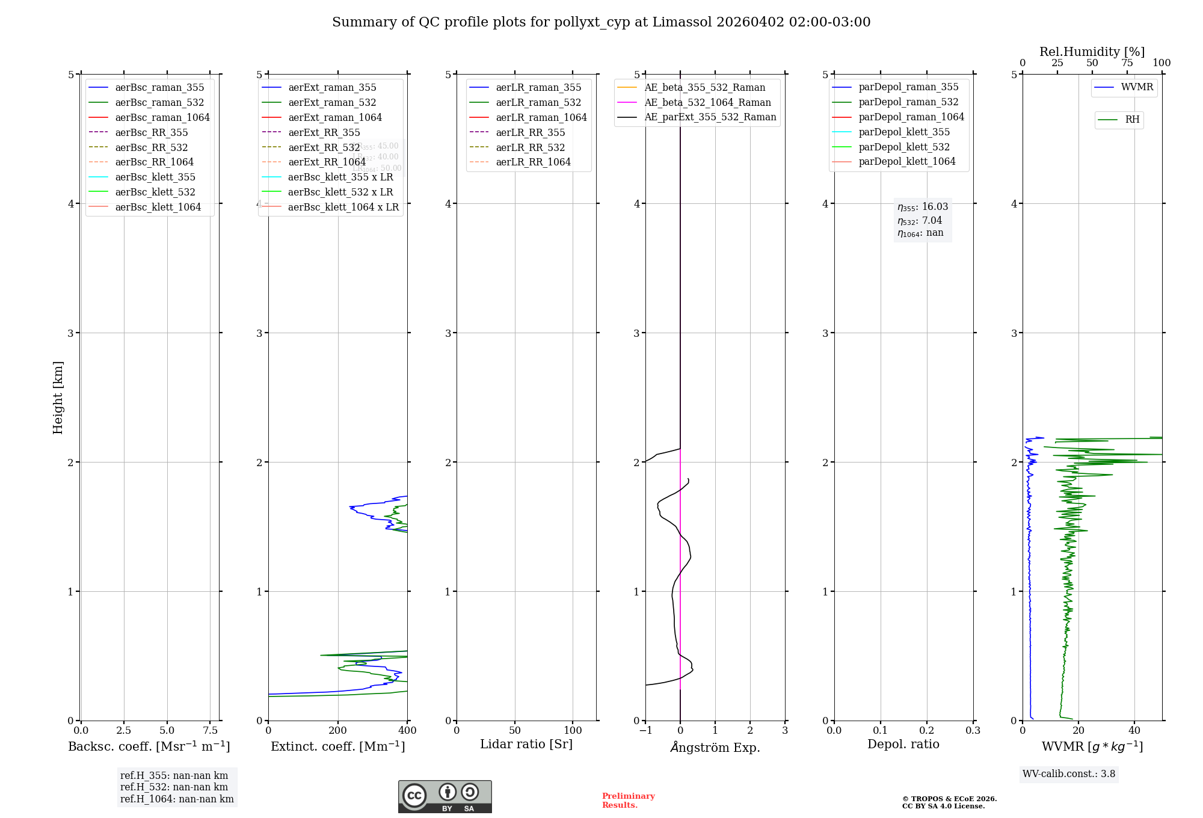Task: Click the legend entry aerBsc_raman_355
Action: tap(159, 88)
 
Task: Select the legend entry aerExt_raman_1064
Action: tap(334, 118)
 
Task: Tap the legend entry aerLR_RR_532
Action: tap(530, 147)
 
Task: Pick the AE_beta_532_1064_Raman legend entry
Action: tap(707, 103)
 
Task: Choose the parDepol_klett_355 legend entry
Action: tap(904, 132)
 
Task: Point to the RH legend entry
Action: tap(1132, 120)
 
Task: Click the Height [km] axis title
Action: tap(58, 397)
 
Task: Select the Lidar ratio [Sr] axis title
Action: tap(526, 744)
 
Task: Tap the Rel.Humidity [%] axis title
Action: tap(1092, 52)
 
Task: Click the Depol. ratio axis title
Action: tap(903, 744)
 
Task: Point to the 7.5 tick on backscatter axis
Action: tap(210, 730)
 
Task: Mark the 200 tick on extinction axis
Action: tap(338, 730)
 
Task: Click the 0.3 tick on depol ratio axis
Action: tap(973, 730)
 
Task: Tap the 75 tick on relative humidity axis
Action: tap(1127, 63)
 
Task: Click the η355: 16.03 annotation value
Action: tap(923, 207)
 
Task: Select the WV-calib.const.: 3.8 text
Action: tap(1069, 774)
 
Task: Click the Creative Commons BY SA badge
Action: tap(445, 797)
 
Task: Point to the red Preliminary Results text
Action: tap(628, 801)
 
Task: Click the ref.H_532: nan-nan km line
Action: tap(174, 787)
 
